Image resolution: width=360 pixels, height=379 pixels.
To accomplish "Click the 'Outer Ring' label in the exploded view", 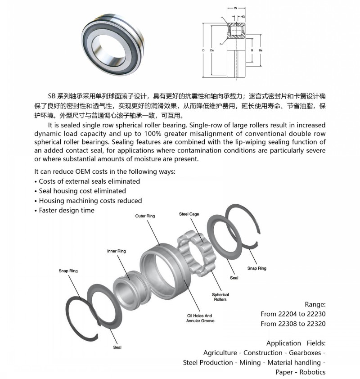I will tap(145, 216).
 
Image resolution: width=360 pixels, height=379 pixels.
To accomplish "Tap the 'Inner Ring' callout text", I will tap(116, 251).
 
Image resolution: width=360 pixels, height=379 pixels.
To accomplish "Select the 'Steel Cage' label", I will tap(189, 214).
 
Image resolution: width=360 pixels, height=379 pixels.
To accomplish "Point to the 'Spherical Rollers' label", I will tap(220, 297).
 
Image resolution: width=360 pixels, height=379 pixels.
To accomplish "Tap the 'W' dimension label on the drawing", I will tap(235, 8).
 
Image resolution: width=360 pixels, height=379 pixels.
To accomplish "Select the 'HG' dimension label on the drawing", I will tap(243, 17).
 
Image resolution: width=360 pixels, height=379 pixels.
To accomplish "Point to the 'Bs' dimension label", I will tap(260, 50).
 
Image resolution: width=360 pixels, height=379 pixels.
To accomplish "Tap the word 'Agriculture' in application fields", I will tap(220, 352).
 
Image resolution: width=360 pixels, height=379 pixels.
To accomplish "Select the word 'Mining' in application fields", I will tap(249, 362).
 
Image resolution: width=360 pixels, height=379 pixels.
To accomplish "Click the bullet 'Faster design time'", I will tap(67, 210).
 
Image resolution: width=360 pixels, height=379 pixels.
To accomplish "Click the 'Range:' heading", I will tap(315, 304).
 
